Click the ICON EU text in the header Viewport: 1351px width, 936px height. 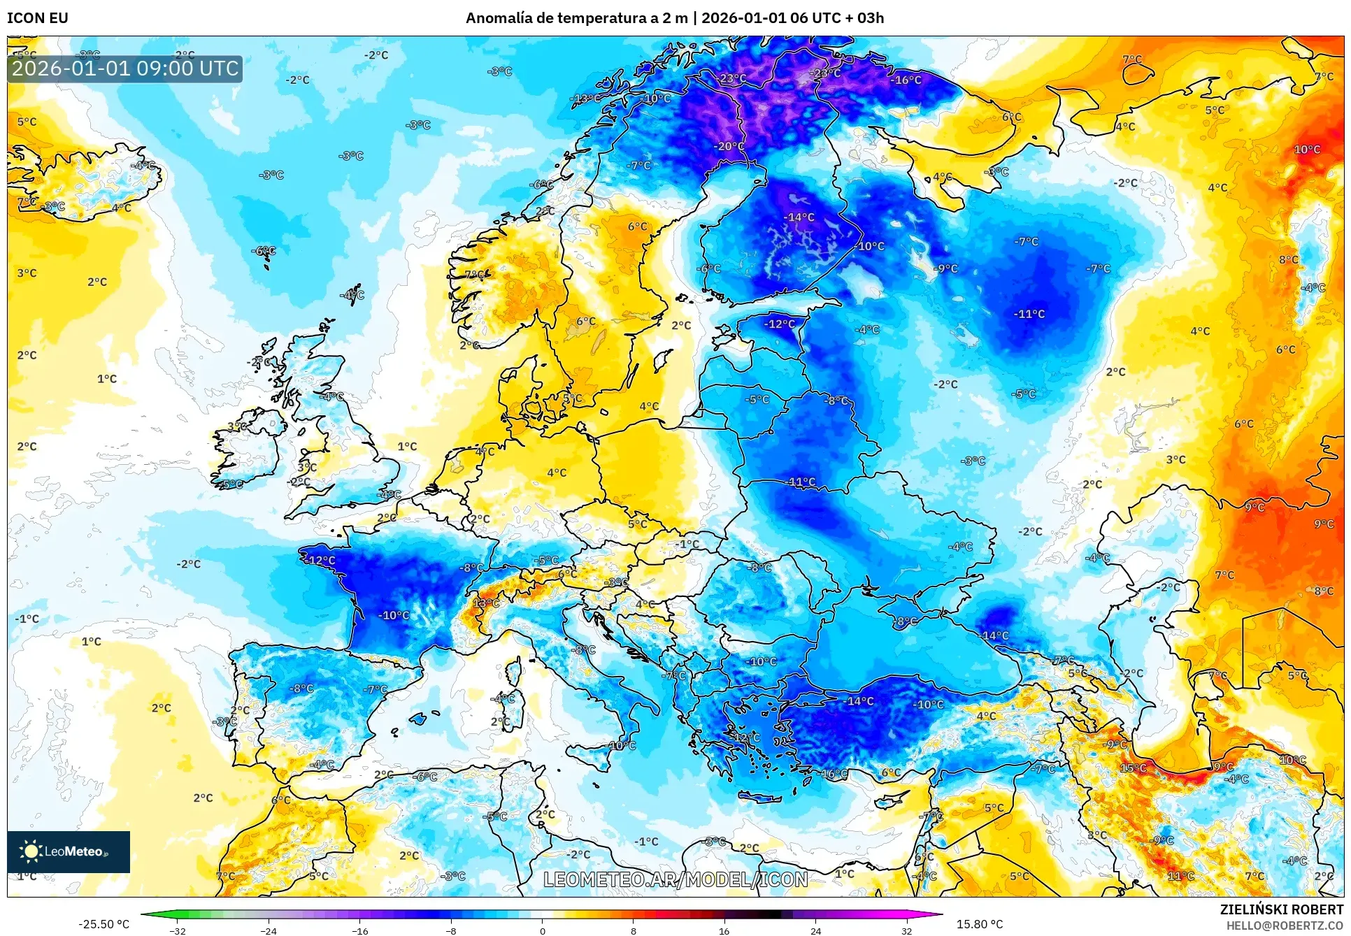(x=38, y=18)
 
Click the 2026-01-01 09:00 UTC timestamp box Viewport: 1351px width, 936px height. (x=125, y=69)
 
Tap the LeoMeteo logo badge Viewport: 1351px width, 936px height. (x=69, y=851)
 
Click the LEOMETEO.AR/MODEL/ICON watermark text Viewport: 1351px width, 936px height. (x=675, y=879)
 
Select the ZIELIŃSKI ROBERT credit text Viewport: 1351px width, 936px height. (x=1281, y=909)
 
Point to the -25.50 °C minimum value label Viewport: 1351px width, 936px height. (x=103, y=924)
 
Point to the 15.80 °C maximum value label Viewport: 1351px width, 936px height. (x=979, y=924)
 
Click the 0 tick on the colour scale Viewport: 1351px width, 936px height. (x=542, y=930)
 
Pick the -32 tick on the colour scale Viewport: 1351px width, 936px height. (x=178, y=930)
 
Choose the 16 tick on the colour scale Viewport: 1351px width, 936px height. (x=724, y=930)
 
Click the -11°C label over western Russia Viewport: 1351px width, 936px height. (x=1029, y=314)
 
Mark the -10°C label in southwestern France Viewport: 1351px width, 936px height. (x=394, y=615)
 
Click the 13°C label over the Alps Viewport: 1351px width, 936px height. (x=486, y=603)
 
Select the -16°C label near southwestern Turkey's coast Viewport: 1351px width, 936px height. (x=833, y=773)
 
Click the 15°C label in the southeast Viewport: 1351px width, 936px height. (x=1133, y=768)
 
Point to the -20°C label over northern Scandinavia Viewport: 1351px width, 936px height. (x=729, y=146)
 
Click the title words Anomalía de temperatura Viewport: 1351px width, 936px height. (x=551, y=18)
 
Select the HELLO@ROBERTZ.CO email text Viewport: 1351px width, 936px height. (x=1285, y=926)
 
